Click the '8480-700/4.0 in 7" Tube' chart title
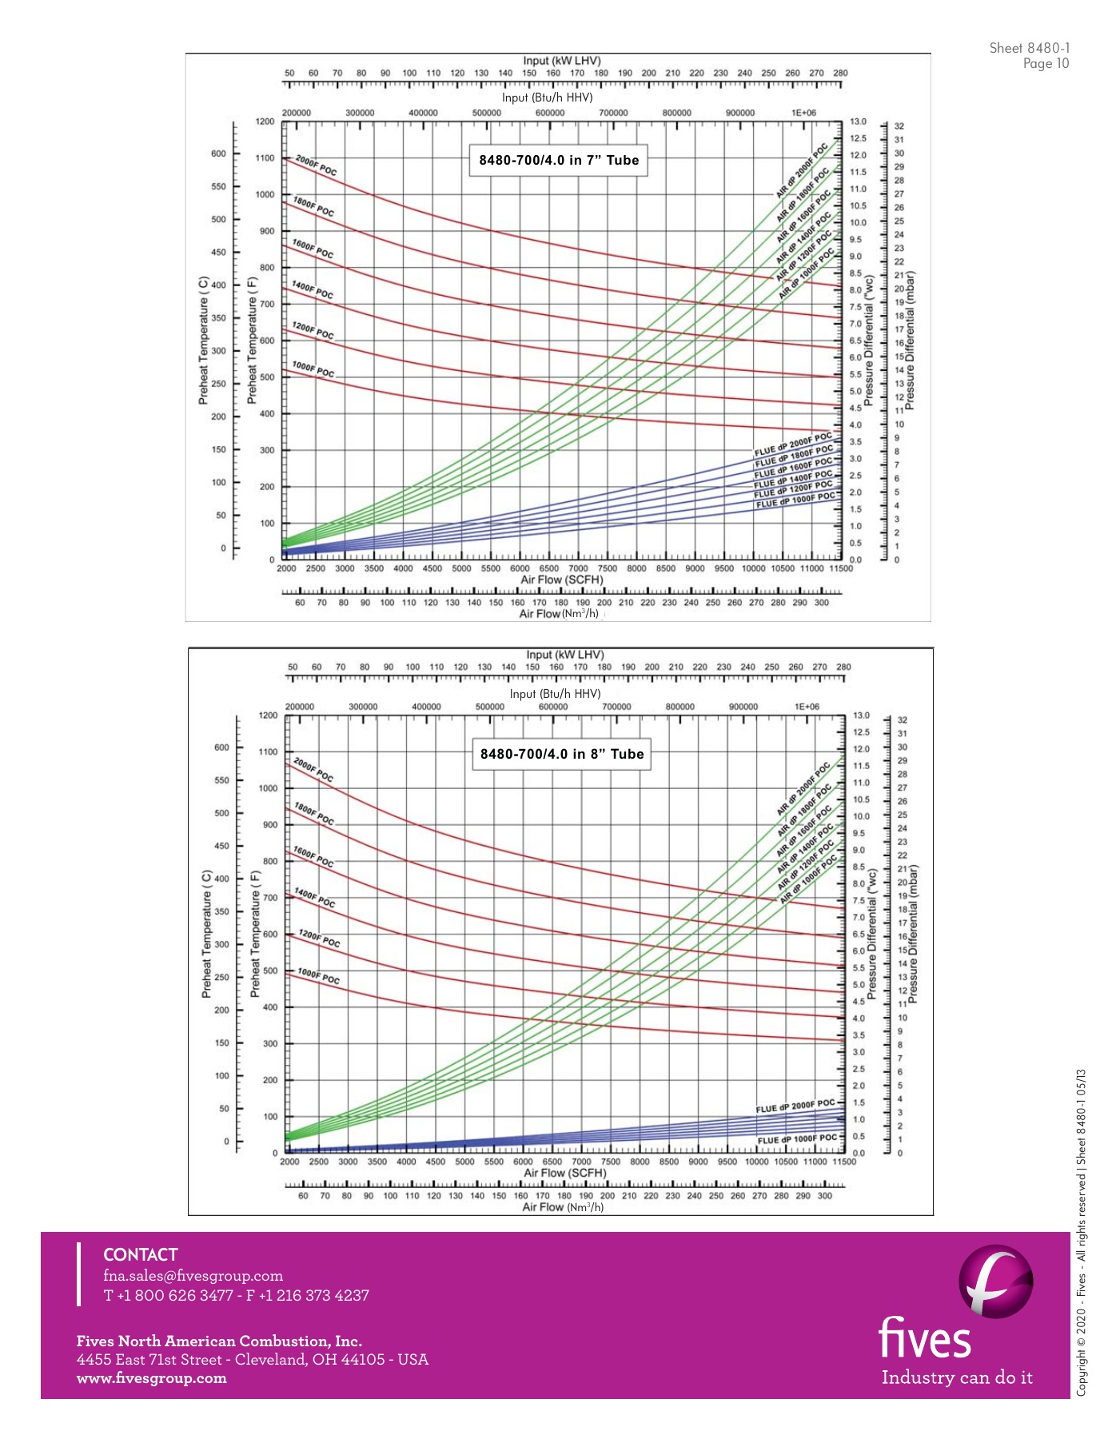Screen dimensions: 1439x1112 [559, 160]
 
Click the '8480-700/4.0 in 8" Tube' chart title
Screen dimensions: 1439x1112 [561, 754]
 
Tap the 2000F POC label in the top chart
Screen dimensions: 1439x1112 [316, 165]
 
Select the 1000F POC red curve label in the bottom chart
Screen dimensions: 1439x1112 [318, 976]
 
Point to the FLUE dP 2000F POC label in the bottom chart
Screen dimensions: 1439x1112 [795, 1106]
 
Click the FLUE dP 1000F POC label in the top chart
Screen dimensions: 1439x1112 [795, 501]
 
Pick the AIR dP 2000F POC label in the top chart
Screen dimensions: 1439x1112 [802, 170]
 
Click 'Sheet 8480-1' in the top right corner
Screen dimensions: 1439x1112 [1029, 48]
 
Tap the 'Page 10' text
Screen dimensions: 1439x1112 [1046, 64]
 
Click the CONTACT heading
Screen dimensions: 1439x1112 [141, 1254]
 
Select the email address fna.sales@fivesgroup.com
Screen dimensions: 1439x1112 [193, 1276]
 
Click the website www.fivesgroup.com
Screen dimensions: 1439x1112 [151, 1378]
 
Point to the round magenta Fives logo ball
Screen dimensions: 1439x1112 [995, 1281]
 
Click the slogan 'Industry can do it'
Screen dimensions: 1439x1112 [957, 1377]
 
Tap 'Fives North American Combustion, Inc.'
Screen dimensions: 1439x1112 [219, 1341]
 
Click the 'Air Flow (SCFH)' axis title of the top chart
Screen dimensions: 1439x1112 [562, 580]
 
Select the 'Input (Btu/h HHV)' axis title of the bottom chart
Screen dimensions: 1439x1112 [555, 694]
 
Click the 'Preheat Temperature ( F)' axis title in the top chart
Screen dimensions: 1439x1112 [252, 340]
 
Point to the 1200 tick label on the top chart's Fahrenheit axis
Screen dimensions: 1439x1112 [265, 122]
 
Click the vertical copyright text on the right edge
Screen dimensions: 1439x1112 [1082, 1231]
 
